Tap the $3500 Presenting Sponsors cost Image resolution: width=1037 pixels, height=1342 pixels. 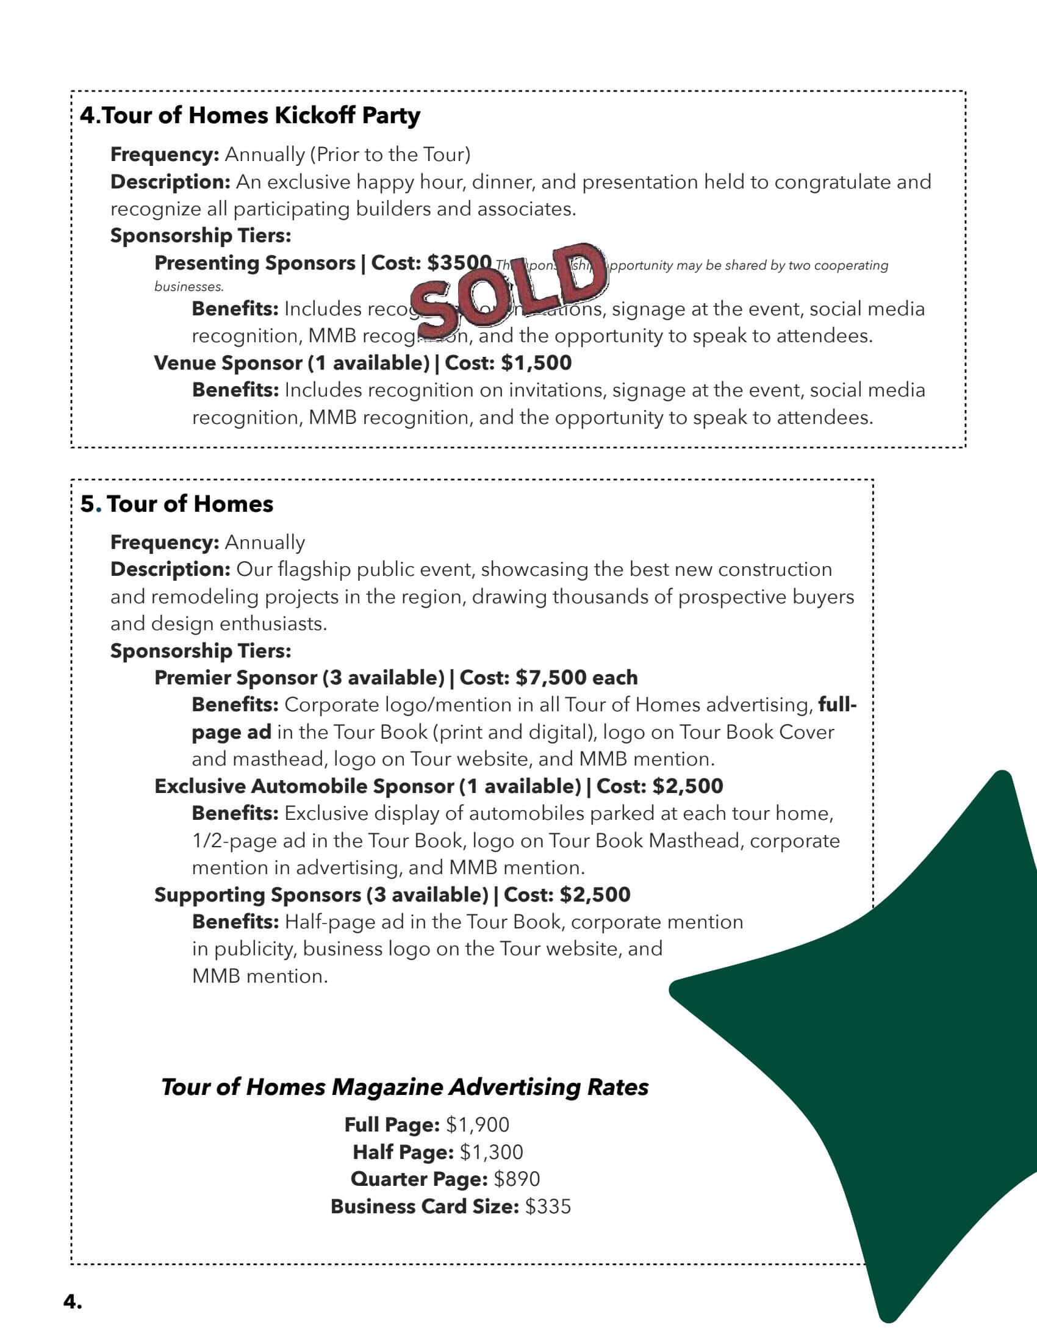459,263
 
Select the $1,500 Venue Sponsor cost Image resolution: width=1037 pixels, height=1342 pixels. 536,363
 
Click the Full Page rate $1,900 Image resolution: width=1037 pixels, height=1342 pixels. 478,1124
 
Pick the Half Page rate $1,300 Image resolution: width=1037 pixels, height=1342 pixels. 491,1152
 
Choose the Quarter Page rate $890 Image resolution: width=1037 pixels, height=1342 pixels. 517,1179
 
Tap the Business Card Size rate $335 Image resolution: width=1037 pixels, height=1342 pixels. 548,1206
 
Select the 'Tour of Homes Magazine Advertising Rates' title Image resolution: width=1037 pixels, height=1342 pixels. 404,1086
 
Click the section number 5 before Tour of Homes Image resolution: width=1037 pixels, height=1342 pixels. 88,504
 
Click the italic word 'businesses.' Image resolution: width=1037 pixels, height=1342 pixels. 188,286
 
